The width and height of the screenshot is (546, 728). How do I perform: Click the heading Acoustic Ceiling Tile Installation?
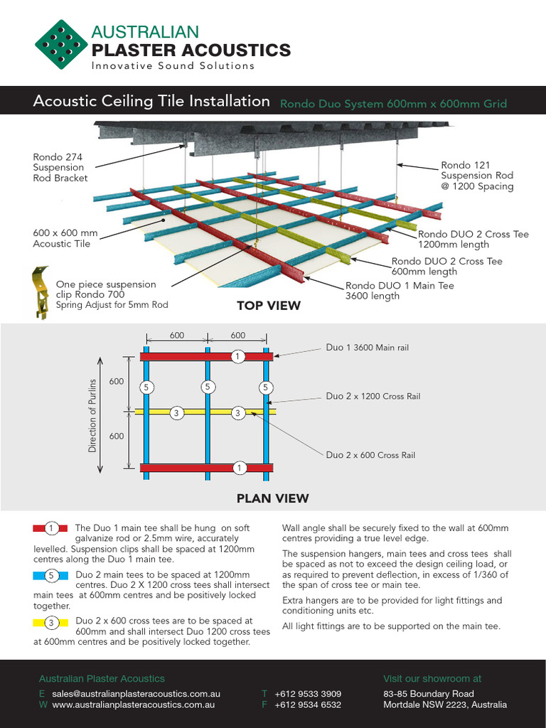[x=151, y=102]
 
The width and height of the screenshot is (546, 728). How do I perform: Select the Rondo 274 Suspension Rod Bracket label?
[x=60, y=168]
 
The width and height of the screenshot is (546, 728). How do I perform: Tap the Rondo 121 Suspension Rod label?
[x=476, y=176]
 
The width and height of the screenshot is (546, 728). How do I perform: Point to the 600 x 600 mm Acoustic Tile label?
[x=65, y=238]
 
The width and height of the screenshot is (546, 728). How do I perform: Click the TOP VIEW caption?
[x=268, y=306]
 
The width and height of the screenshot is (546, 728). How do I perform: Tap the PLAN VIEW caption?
[x=272, y=498]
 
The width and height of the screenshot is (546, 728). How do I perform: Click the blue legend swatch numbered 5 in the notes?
[x=50, y=574]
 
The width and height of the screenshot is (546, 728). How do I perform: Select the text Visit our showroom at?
[x=432, y=679]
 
